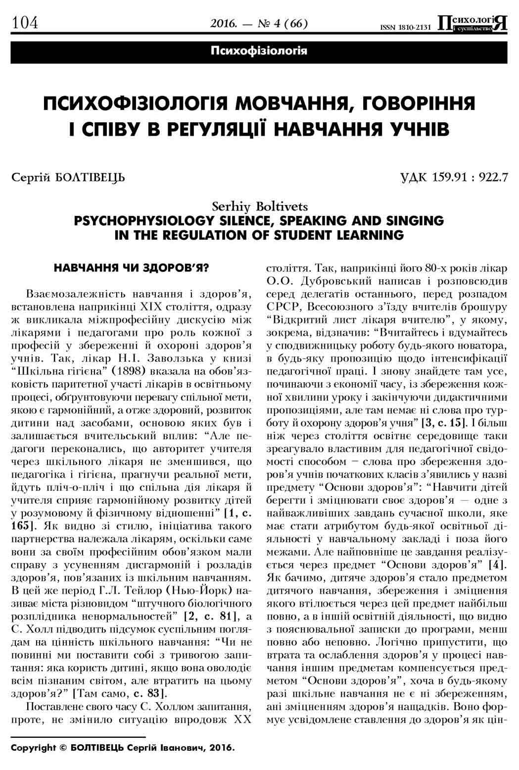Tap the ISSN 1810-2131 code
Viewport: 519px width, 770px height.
[x=405, y=27]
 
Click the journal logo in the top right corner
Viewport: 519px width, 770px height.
[x=473, y=23]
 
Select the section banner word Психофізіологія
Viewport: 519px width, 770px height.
[x=259, y=51]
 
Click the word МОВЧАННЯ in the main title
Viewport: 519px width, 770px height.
[x=294, y=104]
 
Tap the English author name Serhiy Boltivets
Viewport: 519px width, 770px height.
[x=259, y=205]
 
